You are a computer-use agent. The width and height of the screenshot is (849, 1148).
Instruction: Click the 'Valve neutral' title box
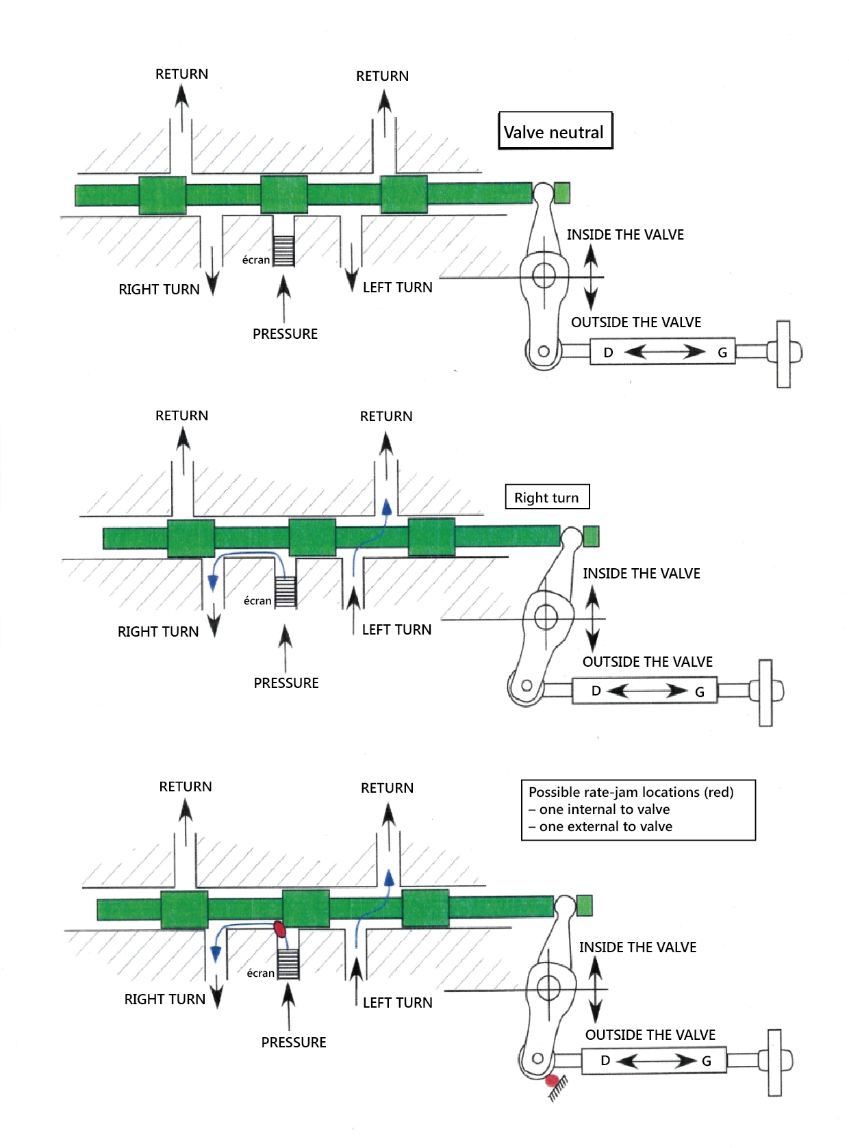point(555,131)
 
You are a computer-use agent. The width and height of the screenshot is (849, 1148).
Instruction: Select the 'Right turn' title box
point(546,498)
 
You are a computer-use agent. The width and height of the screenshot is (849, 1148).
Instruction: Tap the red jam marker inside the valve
point(279,929)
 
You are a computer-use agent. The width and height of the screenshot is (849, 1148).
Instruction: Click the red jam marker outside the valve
point(552,1082)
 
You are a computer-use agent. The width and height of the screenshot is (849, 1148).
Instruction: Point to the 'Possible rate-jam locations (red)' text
point(631,792)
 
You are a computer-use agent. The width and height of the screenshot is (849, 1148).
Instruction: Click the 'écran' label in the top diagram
point(256,260)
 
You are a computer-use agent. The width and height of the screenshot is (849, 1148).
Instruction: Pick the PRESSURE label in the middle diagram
point(286,683)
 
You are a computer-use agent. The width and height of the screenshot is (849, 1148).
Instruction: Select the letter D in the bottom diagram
point(605,1060)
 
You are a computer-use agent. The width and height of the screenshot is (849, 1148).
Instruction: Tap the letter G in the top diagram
point(722,353)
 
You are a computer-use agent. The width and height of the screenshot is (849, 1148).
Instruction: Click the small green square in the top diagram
point(561,193)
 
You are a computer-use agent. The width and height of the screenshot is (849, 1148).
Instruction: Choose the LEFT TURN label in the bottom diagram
point(397,1003)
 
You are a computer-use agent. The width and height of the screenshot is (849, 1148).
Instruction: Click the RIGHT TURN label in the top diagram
point(159,290)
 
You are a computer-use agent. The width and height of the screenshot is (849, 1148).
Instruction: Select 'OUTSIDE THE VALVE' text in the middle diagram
point(647,662)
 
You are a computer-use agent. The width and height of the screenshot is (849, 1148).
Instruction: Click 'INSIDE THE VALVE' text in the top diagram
point(625,235)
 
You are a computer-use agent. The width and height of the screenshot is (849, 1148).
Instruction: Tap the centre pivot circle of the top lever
point(544,276)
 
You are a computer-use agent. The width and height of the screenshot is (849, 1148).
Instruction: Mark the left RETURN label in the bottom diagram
point(186,787)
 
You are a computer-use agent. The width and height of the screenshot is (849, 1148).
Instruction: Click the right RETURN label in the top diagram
point(382,76)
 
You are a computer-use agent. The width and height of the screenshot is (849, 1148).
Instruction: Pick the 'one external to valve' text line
point(605,826)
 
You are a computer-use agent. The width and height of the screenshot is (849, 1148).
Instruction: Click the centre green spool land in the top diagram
point(284,194)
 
